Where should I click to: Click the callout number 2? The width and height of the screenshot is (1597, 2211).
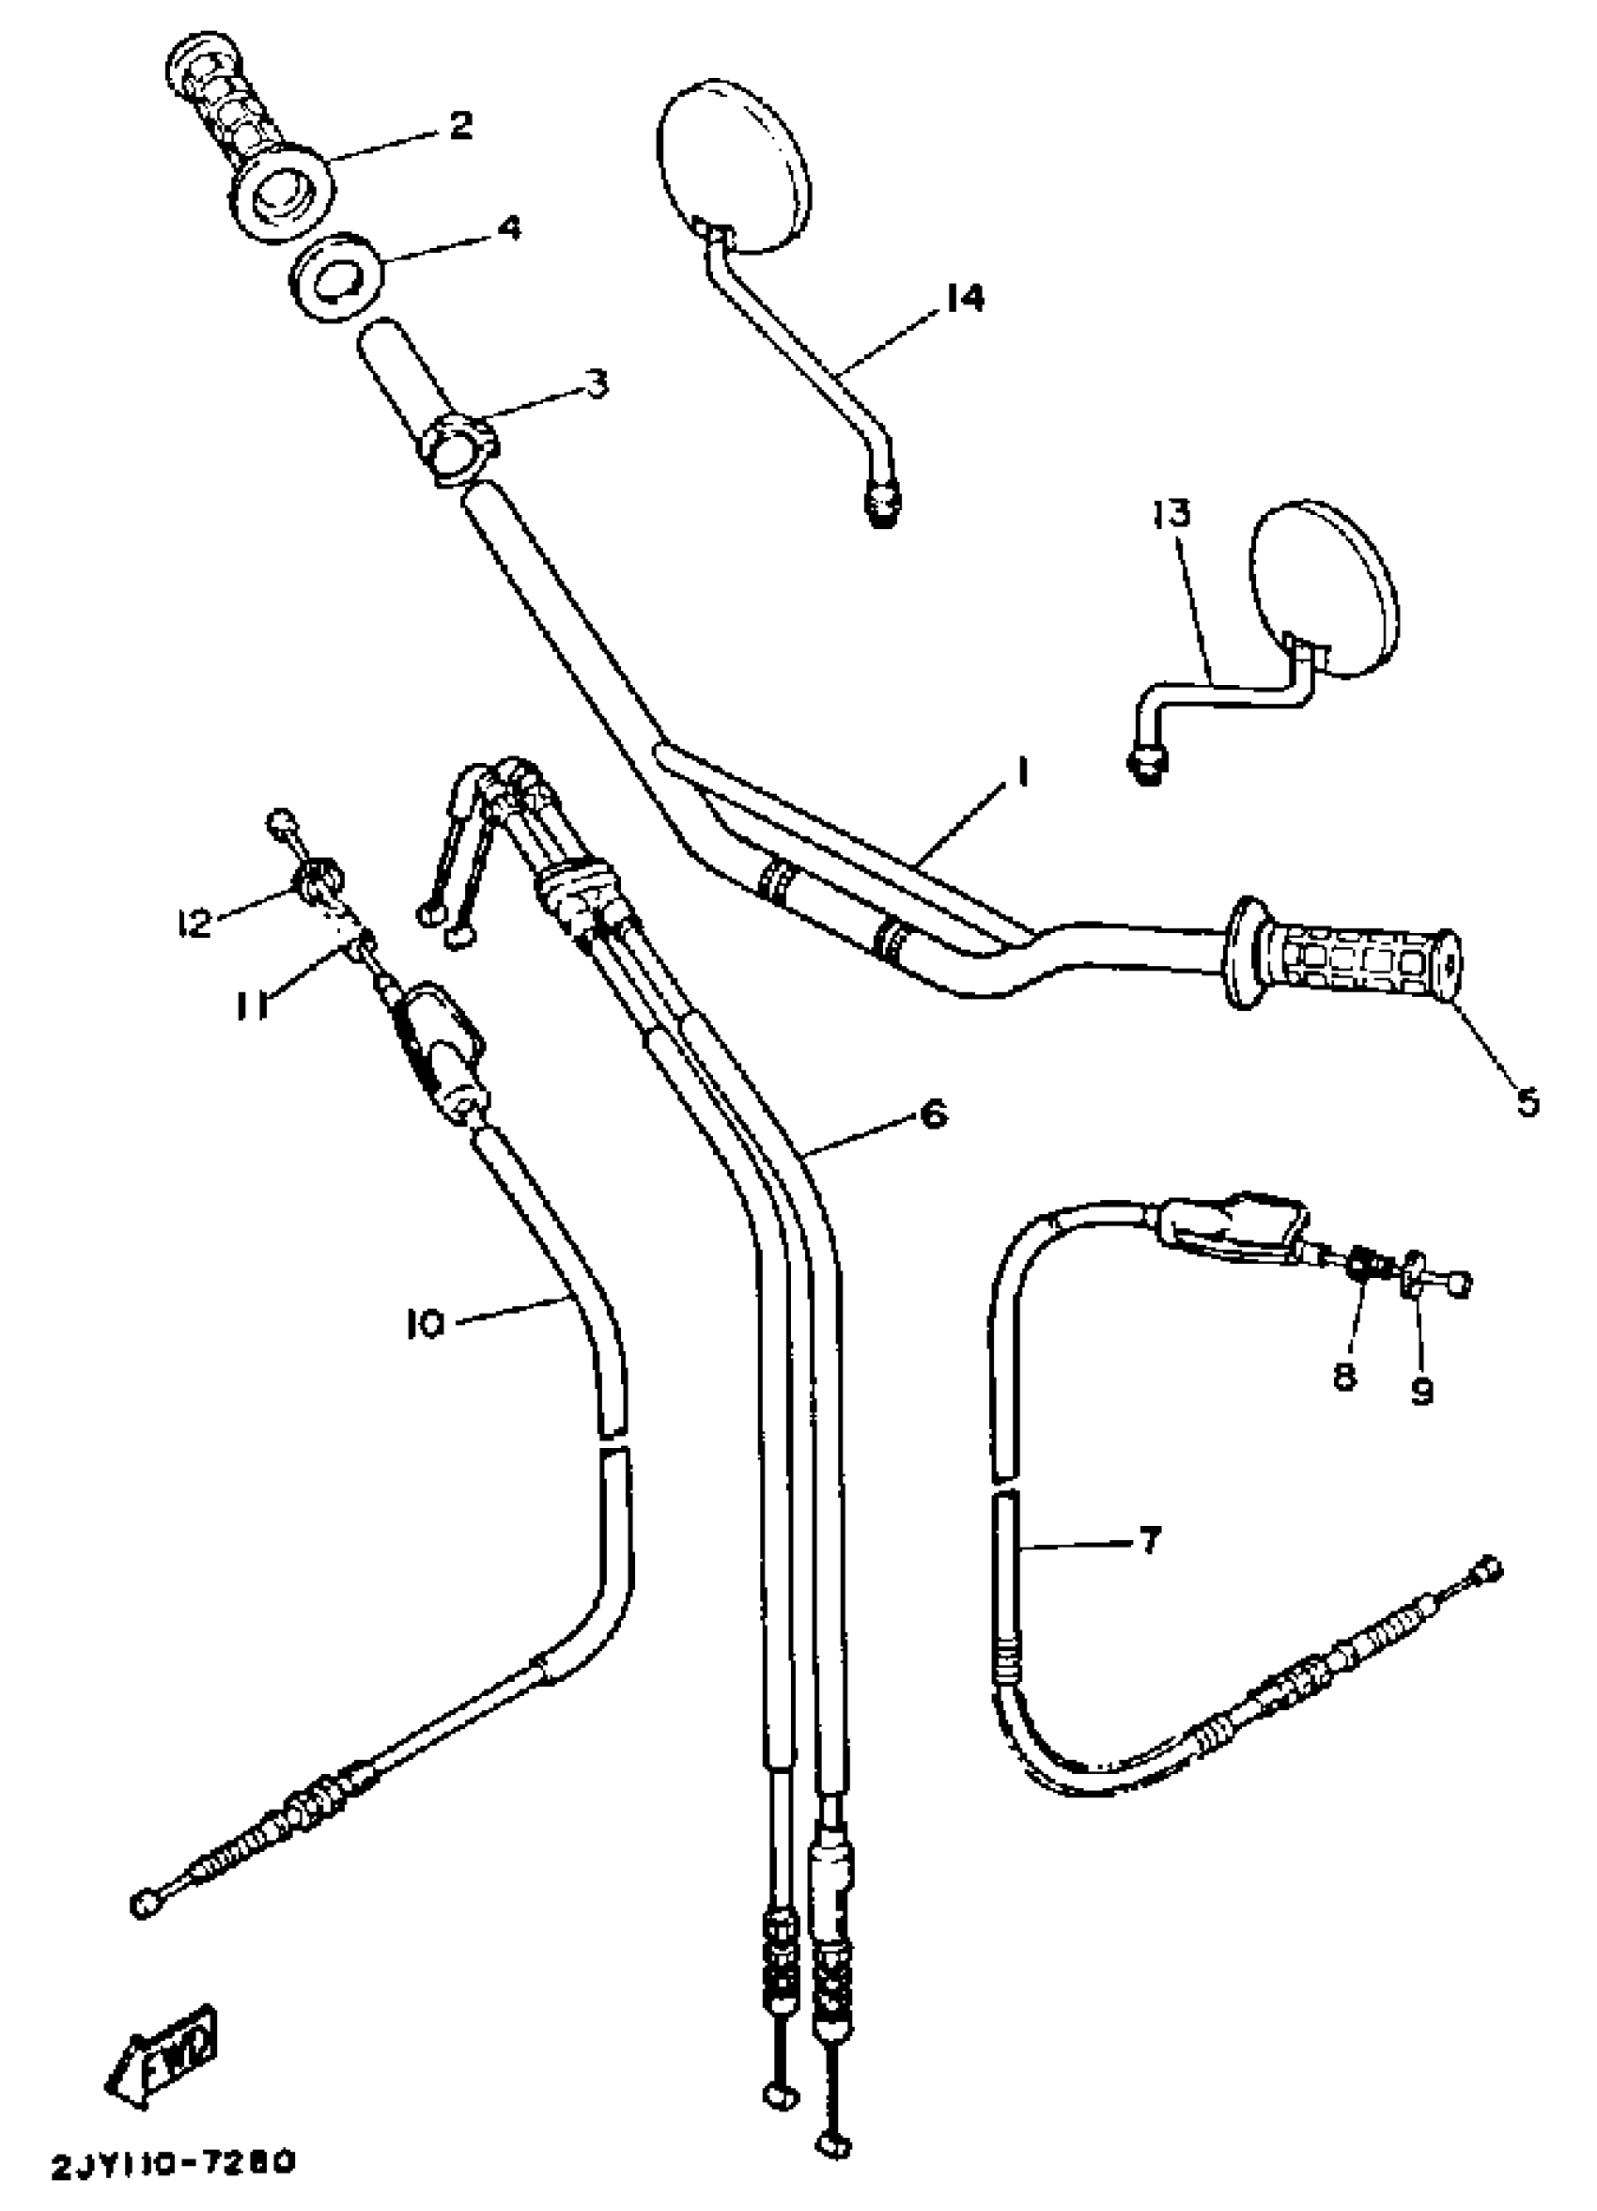pos(459,126)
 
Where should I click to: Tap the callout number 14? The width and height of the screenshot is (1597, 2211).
pos(963,297)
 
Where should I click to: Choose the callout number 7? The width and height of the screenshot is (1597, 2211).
pos(1149,1540)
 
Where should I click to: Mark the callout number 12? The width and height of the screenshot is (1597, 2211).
pos(194,922)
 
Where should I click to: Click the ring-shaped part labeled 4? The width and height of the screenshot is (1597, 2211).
pos(336,277)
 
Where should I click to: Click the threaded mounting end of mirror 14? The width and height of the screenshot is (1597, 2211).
pos(882,506)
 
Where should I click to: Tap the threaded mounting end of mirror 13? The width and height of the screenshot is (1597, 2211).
pos(1147,765)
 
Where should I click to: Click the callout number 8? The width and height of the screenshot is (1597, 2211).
pos(1344,1377)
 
